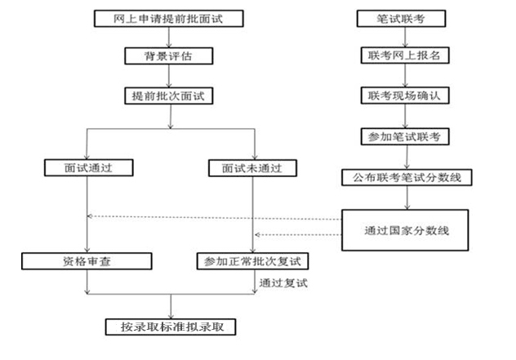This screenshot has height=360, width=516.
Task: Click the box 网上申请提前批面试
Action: [170, 17]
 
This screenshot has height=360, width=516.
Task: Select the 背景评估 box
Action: [170, 57]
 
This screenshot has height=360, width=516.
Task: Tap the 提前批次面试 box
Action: [170, 96]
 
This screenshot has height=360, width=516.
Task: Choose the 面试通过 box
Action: [87, 169]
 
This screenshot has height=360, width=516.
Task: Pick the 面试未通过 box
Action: [255, 169]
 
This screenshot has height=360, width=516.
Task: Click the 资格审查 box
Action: [87, 261]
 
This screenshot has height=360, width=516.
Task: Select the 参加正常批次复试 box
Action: [255, 261]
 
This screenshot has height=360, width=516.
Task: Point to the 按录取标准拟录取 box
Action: [171, 327]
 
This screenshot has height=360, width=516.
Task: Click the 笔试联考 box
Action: [403, 17]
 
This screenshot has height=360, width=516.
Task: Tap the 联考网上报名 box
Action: [403, 56]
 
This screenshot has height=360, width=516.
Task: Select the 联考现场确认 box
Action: [403, 96]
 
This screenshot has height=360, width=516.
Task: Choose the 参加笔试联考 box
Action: [403, 136]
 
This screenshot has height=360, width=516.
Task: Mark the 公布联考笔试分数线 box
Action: [403, 176]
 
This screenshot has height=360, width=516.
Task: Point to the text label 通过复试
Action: [285, 282]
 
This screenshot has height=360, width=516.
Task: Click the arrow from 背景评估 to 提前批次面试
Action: [170, 77]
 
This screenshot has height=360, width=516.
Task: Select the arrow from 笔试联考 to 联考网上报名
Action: [403, 37]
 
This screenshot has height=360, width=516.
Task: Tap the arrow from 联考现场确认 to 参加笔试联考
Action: [403, 115]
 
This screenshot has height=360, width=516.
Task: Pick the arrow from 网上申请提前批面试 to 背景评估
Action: [170, 37]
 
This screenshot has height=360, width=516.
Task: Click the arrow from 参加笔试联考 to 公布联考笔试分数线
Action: [403, 155]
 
